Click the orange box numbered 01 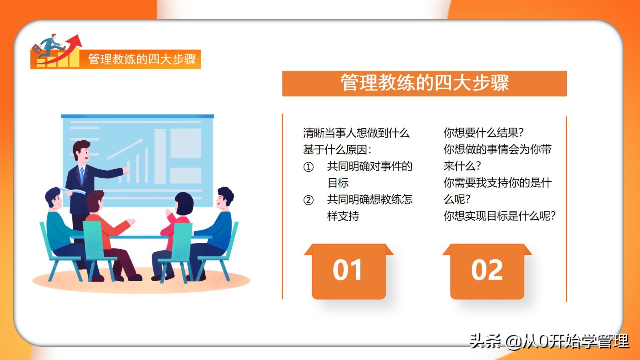coord(348,272)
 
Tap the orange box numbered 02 coord(487,272)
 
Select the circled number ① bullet coord(308,167)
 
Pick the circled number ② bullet coord(308,200)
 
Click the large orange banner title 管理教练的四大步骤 coord(424,83)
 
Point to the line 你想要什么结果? coord(484,133)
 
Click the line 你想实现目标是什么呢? coord(500,216)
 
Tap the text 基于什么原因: coord(337,150)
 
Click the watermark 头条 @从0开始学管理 coord(549,341)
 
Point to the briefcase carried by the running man coord(37,50)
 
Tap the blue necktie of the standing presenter coord(82,175)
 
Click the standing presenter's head coord(82,150)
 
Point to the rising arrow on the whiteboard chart coord(125,149)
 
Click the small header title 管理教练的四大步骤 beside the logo coord(142,59)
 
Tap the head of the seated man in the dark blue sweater coord(225,198)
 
